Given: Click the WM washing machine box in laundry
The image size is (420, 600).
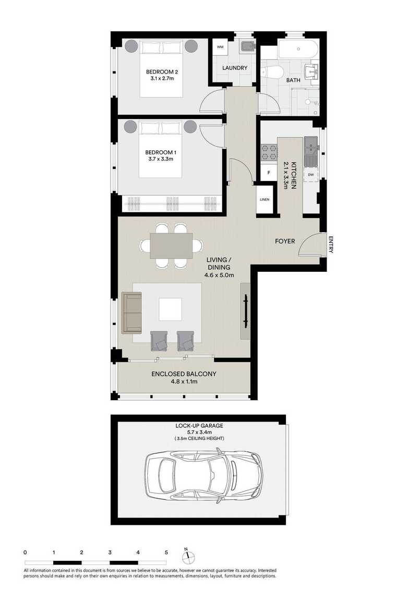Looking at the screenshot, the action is click(220, 46).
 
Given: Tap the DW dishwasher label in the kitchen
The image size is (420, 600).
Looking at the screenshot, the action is click(310, 175).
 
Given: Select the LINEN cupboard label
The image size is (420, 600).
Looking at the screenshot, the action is click(265, 199).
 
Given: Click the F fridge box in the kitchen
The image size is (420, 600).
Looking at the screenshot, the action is click(269, 173).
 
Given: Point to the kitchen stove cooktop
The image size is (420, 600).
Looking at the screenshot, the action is click(269, 152).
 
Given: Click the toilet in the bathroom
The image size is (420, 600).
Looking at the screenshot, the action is click(272, 71).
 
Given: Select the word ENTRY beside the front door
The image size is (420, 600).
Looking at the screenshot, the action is click(331, 245).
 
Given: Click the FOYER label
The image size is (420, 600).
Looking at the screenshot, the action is click(285, 241).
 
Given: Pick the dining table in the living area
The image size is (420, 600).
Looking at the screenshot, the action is click(171, 246).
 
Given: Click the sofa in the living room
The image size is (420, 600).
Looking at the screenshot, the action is click(131, 313).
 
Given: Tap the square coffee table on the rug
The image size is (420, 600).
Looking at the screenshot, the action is click(171, 309).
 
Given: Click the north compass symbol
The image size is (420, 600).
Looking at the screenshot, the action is click(188, 557).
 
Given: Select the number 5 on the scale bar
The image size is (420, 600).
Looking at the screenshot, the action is click(166, 553).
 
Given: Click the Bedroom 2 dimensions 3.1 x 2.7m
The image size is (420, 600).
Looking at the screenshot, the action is click(162, 78).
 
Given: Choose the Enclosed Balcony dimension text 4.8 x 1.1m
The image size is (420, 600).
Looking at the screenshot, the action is click(185, 381).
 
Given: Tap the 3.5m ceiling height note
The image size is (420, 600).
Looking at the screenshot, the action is click(199, 438).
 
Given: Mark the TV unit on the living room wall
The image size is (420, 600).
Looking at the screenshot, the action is click(245, 311).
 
